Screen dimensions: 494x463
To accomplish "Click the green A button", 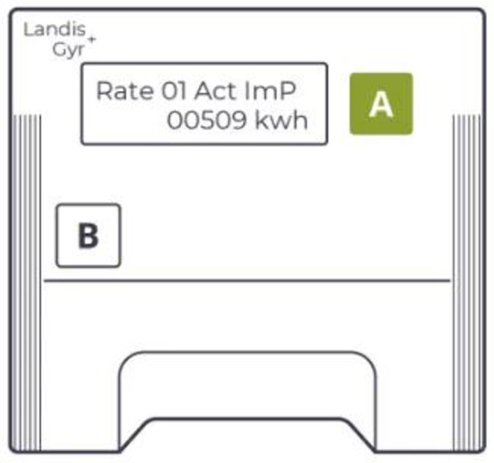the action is point(381,104).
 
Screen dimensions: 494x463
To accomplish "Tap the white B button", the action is point(88,235).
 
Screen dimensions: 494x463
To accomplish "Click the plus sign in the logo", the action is point(92,39).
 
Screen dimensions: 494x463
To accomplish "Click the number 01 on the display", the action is point(175,91).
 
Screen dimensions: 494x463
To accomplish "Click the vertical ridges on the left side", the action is point(28,198).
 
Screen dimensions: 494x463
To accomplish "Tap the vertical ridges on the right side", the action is point(466,198).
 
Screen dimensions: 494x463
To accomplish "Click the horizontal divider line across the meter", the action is point(247,282).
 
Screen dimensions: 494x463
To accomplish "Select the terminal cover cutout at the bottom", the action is point(247,396).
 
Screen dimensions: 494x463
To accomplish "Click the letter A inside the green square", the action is point(381,104).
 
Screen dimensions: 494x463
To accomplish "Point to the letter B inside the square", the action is point(88,236).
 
